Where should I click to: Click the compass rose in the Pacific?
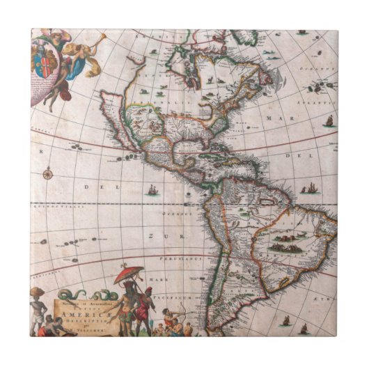tap(48, 173)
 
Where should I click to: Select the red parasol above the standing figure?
tap(129, 274)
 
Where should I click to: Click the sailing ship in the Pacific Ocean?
tap(151, 189)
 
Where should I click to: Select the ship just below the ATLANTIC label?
tap(328, 121)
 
